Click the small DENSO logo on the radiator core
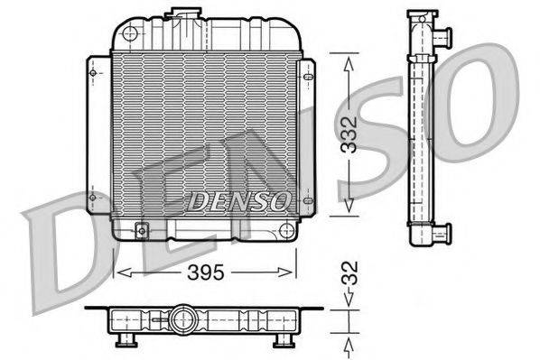[238, 201]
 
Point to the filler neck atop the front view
[187, 12]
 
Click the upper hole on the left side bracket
[92, 73]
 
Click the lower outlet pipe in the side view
[441, 235]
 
